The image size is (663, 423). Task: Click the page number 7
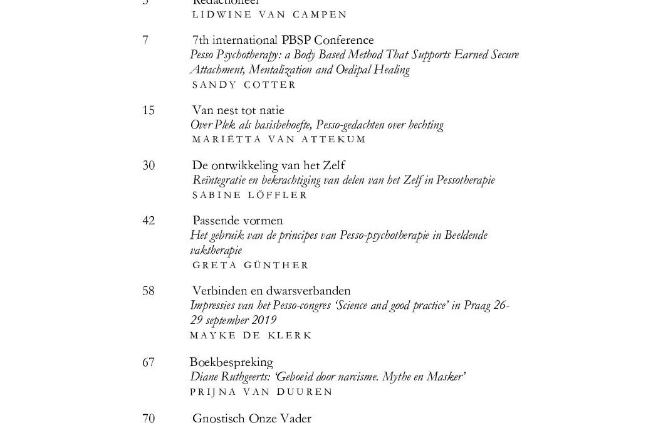(x=145, y=41)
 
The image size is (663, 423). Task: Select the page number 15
(x=149, y=111)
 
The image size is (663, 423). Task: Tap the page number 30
(x=149, y=166)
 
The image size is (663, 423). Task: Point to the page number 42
(x=149, y=221)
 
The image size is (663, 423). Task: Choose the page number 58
(x=149, y=291)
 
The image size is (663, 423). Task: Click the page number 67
(x=149, y=362)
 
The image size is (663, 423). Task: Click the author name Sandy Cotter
(x=244, y=85)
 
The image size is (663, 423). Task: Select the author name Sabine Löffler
(x=249, y=195)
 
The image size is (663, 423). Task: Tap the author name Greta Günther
(x=250, y=265)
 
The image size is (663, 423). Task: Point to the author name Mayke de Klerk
(x=251, y=335)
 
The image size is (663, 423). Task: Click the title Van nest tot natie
(x=238, y=111)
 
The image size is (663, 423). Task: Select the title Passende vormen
(x=238, y=221)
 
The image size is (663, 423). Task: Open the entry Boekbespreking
(x=231, y=362)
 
